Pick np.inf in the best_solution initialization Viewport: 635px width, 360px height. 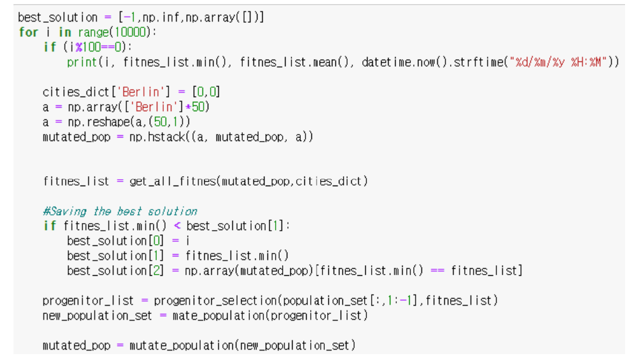pos(162,18)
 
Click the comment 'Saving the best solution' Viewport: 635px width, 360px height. pos(120,211)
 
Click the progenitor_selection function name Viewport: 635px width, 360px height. pos(217,301)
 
